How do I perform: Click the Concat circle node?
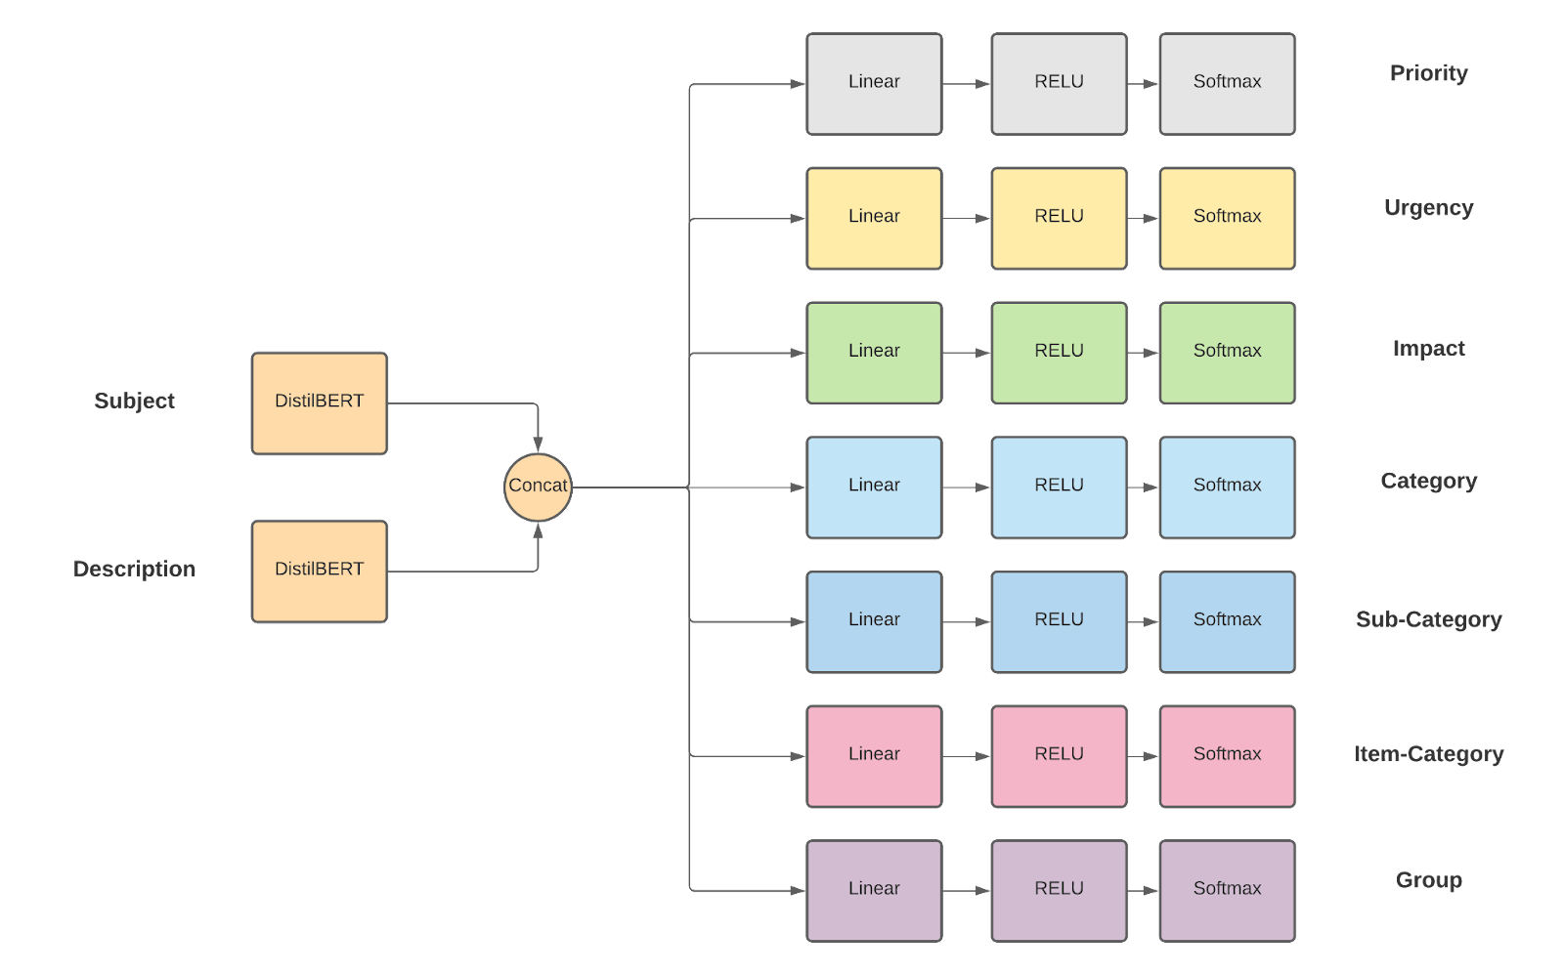coord(538,486)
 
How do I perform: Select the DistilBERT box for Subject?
coord(320,403)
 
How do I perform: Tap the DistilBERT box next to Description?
coord(320,571)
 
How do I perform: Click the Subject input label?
coord(134,401)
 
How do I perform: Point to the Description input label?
coord(134,569)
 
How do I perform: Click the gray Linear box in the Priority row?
coord(874,83)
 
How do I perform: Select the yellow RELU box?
coord(1059,218)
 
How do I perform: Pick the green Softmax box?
coord(1227,353)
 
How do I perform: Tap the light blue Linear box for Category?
coord(874,487)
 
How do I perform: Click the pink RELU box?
coord(1059,755)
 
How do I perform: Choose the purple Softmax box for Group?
coord(1227,890)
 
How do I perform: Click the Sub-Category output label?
coord(1428,619)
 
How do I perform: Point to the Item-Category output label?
coord(1428,753)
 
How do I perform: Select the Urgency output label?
coord(1428,207)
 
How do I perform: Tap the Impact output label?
coord(1428,348)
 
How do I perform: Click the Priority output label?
coord(1428,73)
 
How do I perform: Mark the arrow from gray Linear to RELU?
coord(967,84)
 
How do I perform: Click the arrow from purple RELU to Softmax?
coord(1143,891)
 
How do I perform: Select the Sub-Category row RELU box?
coord(1059,621)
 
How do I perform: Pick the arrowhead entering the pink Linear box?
coord(797,756)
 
